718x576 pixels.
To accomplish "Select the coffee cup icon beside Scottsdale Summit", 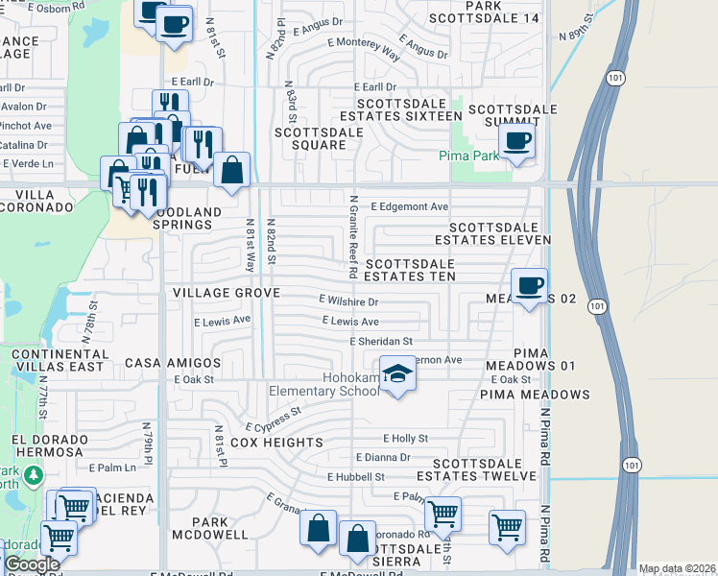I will coord(517,140).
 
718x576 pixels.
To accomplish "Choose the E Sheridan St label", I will coord(381,341).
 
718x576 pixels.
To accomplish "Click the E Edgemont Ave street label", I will coord(410,206).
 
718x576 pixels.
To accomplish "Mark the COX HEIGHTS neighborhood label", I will coord(277,443).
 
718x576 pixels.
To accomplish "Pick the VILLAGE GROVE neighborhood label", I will coord(227,292).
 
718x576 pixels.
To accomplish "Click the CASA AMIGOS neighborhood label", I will coord(173,364).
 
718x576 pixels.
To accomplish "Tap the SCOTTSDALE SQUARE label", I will coord(310,138).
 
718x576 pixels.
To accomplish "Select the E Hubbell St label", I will coord(356,476).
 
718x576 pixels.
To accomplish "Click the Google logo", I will coord(32,564).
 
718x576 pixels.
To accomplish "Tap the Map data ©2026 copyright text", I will coord(677,568).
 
